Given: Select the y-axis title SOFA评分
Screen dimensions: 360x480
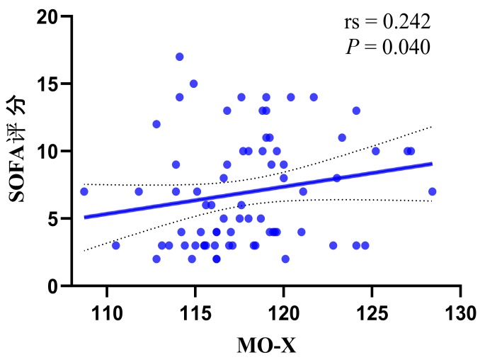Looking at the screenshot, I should point(19,150).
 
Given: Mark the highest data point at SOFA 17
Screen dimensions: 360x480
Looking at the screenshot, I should point(180,57).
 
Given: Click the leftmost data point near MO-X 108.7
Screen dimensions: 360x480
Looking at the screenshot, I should point(84,191).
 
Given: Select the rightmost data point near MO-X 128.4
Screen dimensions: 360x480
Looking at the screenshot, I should point(432,191).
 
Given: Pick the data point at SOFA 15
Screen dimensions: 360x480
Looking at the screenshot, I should point(193,84).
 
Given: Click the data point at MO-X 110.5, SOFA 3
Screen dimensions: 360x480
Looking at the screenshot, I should point(116,245).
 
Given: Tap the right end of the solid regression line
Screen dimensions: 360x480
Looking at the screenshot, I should point(431,163).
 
